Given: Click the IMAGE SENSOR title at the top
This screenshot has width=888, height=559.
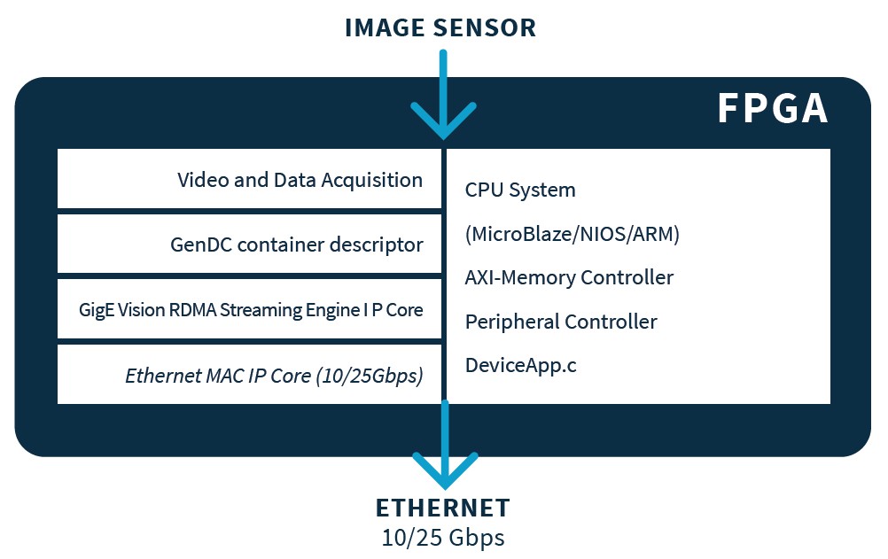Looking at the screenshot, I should pyautogui.click(x=440, y=27).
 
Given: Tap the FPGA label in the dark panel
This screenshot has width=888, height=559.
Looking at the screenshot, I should pyautogui.click(x=772, y=109).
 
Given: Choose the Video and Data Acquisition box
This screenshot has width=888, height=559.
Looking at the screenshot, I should pyautogui.click(x=249, y=179).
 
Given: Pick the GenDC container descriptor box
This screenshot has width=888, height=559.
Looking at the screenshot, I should pyautogui.click(x=249, y=244).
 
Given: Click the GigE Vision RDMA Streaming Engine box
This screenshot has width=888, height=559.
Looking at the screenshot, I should pyautogui.click(x=249, y=309).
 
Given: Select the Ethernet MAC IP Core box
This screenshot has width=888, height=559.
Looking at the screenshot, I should pyautogui.click(x=249, y=375).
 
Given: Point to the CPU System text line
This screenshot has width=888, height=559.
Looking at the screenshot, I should pyautogui.click(x=520, y=190).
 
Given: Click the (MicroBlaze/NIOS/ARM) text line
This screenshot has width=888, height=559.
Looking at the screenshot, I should pyautogui.click(x=573, y=234).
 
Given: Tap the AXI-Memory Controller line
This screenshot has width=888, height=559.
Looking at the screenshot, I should pyautogui.click(x=569, y=277).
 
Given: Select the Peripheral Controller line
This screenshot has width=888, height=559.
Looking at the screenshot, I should pyautogui.click(x=561, y=321).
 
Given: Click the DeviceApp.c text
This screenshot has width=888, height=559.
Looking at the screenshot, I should pyautogui.click(x=521, y=364).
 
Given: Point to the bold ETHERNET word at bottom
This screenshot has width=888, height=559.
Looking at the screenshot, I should pyautogui.click(x=443, y=508).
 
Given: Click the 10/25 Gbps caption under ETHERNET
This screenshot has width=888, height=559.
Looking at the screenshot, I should pyautogui.click(x=443, y=537).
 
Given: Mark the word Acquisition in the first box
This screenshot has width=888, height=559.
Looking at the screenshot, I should pyautogui.click(x=372, y=180).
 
